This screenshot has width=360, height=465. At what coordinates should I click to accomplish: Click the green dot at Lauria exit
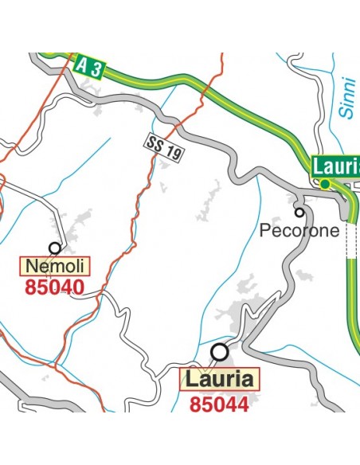point(326,184)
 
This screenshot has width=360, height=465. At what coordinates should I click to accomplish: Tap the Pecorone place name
point(300,231)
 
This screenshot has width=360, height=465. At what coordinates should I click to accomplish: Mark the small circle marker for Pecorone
point(299,212)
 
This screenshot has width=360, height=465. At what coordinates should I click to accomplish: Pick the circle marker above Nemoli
point(55,248)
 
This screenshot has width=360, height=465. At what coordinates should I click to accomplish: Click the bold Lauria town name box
point(219,379)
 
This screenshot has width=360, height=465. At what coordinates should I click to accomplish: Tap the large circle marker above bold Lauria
point(219,351)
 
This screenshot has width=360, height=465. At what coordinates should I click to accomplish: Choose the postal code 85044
point(219,404)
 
